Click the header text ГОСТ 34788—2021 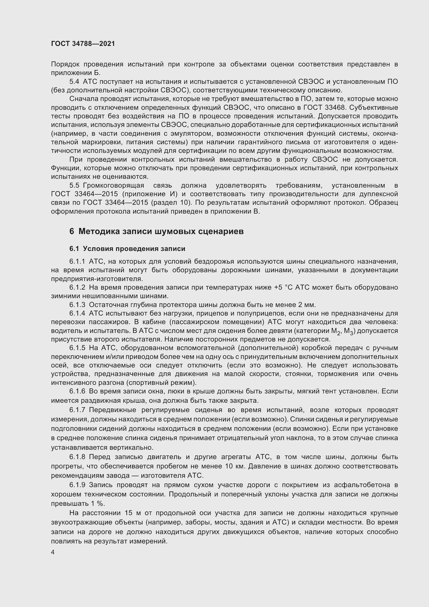tap(83, 44)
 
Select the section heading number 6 tap(72, 231)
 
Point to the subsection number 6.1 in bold tap(74, 249)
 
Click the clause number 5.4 tap(74, 82)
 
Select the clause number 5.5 tap(74, 185)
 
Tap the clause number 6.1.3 tap(77, 305)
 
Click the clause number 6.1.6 tap(77, 391)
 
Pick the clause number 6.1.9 tap(77, 485)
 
